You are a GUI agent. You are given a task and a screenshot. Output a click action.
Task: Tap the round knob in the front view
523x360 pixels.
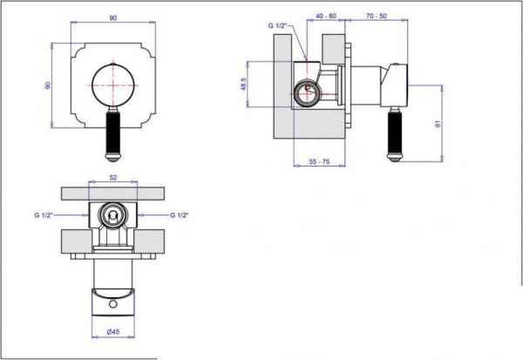point(113,85)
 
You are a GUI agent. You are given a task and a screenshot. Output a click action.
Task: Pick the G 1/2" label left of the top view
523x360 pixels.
point(43,214)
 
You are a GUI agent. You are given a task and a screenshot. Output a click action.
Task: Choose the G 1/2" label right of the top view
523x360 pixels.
point(180,214)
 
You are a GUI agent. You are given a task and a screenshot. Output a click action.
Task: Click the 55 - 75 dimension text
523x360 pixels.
point(322,161)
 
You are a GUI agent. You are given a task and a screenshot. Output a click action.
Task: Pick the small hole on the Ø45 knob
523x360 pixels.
point(112,304)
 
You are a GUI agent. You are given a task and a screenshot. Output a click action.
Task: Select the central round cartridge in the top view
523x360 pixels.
point(111,214)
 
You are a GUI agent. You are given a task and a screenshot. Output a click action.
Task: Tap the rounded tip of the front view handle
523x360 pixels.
point(112,160)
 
